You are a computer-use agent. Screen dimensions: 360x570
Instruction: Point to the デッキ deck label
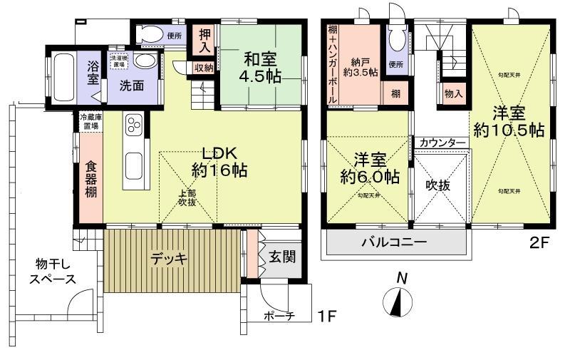click(x=169, y=259)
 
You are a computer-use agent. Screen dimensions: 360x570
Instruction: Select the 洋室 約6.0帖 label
click(x=368, y=167)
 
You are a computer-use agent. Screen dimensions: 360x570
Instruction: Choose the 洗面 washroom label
click(x=132, y=86)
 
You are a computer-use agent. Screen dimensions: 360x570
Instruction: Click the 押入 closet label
click(x=202, y=41)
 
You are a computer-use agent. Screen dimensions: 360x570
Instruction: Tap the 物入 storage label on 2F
click(x=453, y=93)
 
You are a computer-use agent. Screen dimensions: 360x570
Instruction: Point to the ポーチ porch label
click(x=280, y=317)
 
